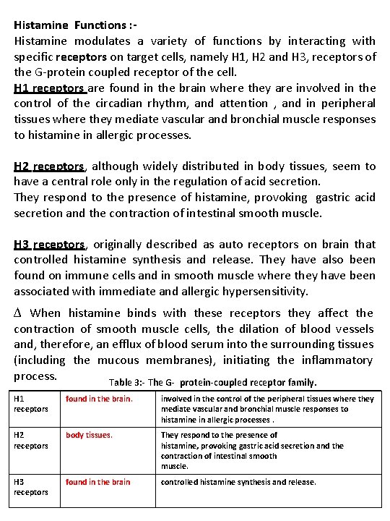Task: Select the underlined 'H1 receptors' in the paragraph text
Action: click(50, 88)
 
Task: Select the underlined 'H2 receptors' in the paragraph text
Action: click(50, 166)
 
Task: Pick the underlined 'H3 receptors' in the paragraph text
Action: click(50, 245)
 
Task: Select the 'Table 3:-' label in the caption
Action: click(128, 383)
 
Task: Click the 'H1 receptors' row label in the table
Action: click(31, 404)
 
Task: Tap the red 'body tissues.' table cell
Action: click(89, 436)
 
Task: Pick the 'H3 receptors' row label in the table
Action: click(31, 487)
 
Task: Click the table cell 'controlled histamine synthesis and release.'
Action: click(238, 482)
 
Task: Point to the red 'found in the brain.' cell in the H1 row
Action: click(99, 399)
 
